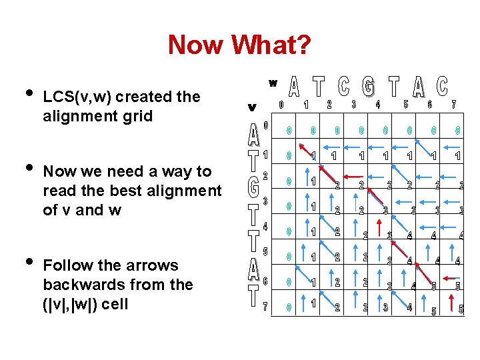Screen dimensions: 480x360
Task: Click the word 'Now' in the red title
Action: (x=196, y=45)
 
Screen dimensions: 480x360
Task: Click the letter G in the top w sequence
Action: (x=368, y=87)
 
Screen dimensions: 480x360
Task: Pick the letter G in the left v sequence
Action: (x=253, y=187)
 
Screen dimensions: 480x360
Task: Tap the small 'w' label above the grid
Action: (x=273, y=83)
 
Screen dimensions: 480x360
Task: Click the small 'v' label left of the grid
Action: (x=251, y=107)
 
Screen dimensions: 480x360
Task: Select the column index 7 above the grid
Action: (x=453, y=104)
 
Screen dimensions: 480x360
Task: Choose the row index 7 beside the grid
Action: (x=265, y=307)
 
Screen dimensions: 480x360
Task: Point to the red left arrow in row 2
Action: (x=349, y=177)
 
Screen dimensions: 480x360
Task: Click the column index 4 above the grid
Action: (x=378, y=104)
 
